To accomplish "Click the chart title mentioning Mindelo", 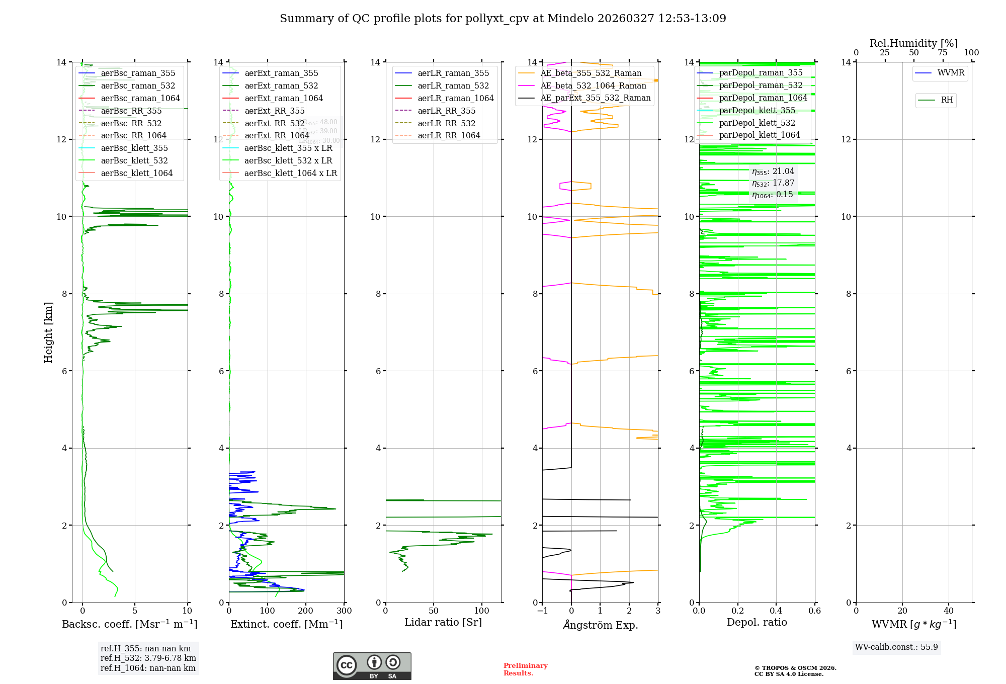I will [502, 19].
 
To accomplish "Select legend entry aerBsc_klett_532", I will [134, 161].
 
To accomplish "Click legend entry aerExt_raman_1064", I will [283, 99].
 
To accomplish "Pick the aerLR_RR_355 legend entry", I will [446, 111].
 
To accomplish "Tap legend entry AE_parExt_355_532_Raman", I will [595, 98].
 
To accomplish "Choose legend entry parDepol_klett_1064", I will [759, 135].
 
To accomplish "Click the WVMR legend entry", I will [951, 73].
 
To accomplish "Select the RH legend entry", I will [947, 100].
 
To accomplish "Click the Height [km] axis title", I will [48, 332].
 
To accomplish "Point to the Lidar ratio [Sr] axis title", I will [443, 623].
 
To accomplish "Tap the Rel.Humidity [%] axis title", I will [913, 44].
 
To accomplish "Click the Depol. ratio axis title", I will [757, 623].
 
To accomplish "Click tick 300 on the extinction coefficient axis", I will [345, 611].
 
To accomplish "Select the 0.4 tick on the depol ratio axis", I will [776, 611].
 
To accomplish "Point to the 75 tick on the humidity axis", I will [943, 53].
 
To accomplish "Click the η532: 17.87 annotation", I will [773, 183].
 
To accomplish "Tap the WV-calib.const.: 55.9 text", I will [896, 647].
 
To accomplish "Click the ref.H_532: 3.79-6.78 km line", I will [148, 658].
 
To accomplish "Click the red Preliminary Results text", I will [525, 669].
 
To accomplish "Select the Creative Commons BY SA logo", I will [372, 666].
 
